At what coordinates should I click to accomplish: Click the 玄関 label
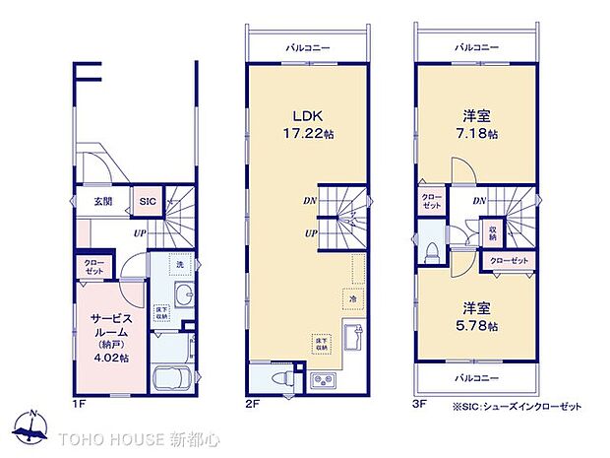click(x=102, y=201)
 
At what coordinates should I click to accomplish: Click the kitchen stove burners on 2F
click(x=323, y=380)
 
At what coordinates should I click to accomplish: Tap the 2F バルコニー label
click(x=308, y=46)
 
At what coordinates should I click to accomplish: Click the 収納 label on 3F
click(x=491, y=232)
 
